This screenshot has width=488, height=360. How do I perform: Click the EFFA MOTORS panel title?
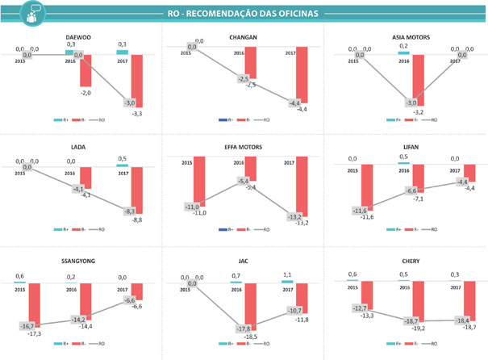point(244,148)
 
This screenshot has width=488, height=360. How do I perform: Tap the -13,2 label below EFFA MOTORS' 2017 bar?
point(300,223)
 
